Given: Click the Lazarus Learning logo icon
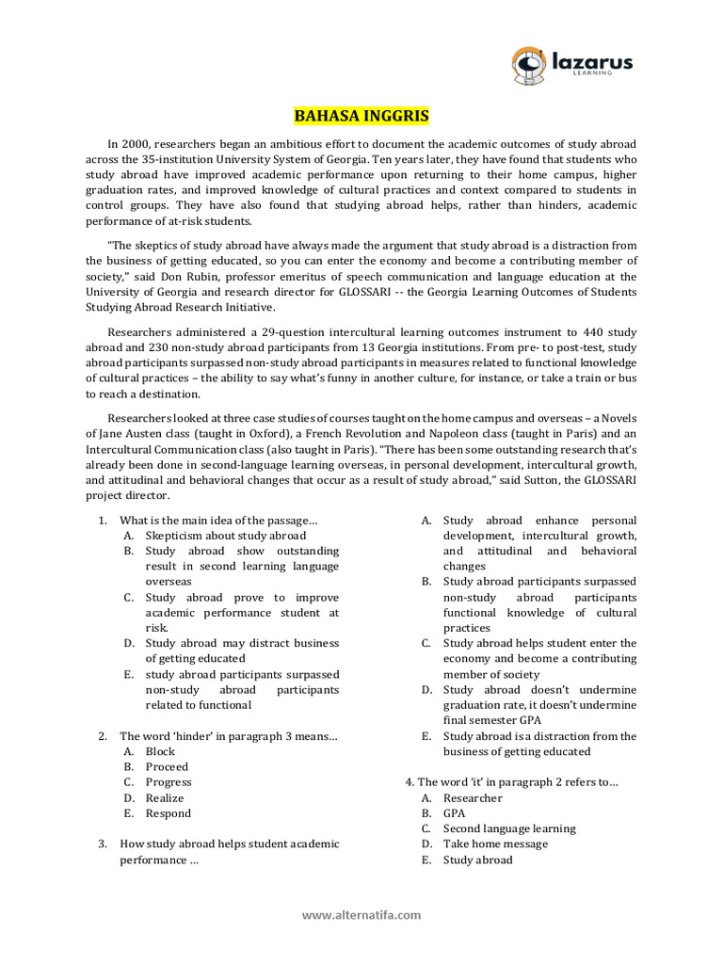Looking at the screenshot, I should pos(529,64).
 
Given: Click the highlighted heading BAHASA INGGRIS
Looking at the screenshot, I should pos(361,117).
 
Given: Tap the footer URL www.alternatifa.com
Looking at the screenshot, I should pos(361,914).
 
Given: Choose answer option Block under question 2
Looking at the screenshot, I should pos(160,751).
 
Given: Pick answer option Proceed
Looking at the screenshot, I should pos(167,767).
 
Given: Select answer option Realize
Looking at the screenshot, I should pos(166,797).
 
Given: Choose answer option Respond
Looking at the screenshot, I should pos(168,813).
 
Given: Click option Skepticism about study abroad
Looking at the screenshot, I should pos(225,535).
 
